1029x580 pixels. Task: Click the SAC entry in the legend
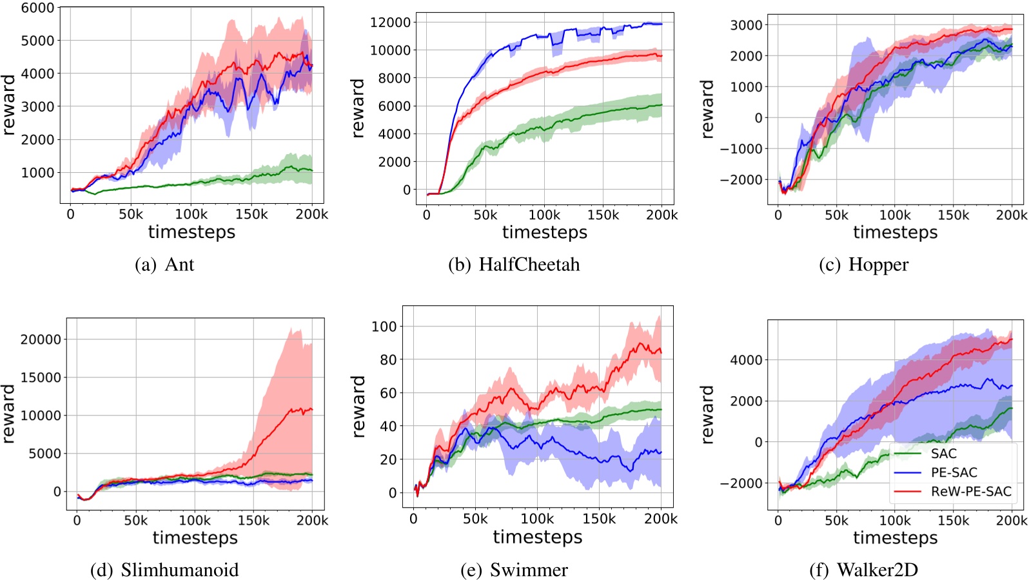coord(943,454)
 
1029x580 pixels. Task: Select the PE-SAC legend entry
coord(954,472)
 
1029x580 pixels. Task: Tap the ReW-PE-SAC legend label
coord(970,492)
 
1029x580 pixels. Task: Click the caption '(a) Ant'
coord(164,265)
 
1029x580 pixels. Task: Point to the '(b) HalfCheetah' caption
coord(514,265)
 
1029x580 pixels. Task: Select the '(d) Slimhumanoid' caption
coord(164,570)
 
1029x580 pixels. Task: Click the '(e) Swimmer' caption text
coord(514,570)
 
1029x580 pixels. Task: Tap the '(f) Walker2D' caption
coord(863,570)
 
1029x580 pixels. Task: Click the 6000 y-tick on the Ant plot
coord(37,8)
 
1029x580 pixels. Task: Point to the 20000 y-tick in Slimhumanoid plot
coord(41,339)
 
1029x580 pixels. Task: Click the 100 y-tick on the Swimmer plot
coord(384,326)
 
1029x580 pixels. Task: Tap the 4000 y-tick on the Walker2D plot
coord(746,360)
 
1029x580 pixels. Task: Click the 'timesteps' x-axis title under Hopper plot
coord(895,232)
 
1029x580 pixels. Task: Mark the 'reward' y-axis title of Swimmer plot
coord(358,407)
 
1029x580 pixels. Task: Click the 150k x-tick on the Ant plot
coord(251,214)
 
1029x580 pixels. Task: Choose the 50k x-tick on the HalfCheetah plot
coord(485,215)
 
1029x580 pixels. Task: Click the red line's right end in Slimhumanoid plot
coord(312,409)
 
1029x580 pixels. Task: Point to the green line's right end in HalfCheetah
coord(661,105)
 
